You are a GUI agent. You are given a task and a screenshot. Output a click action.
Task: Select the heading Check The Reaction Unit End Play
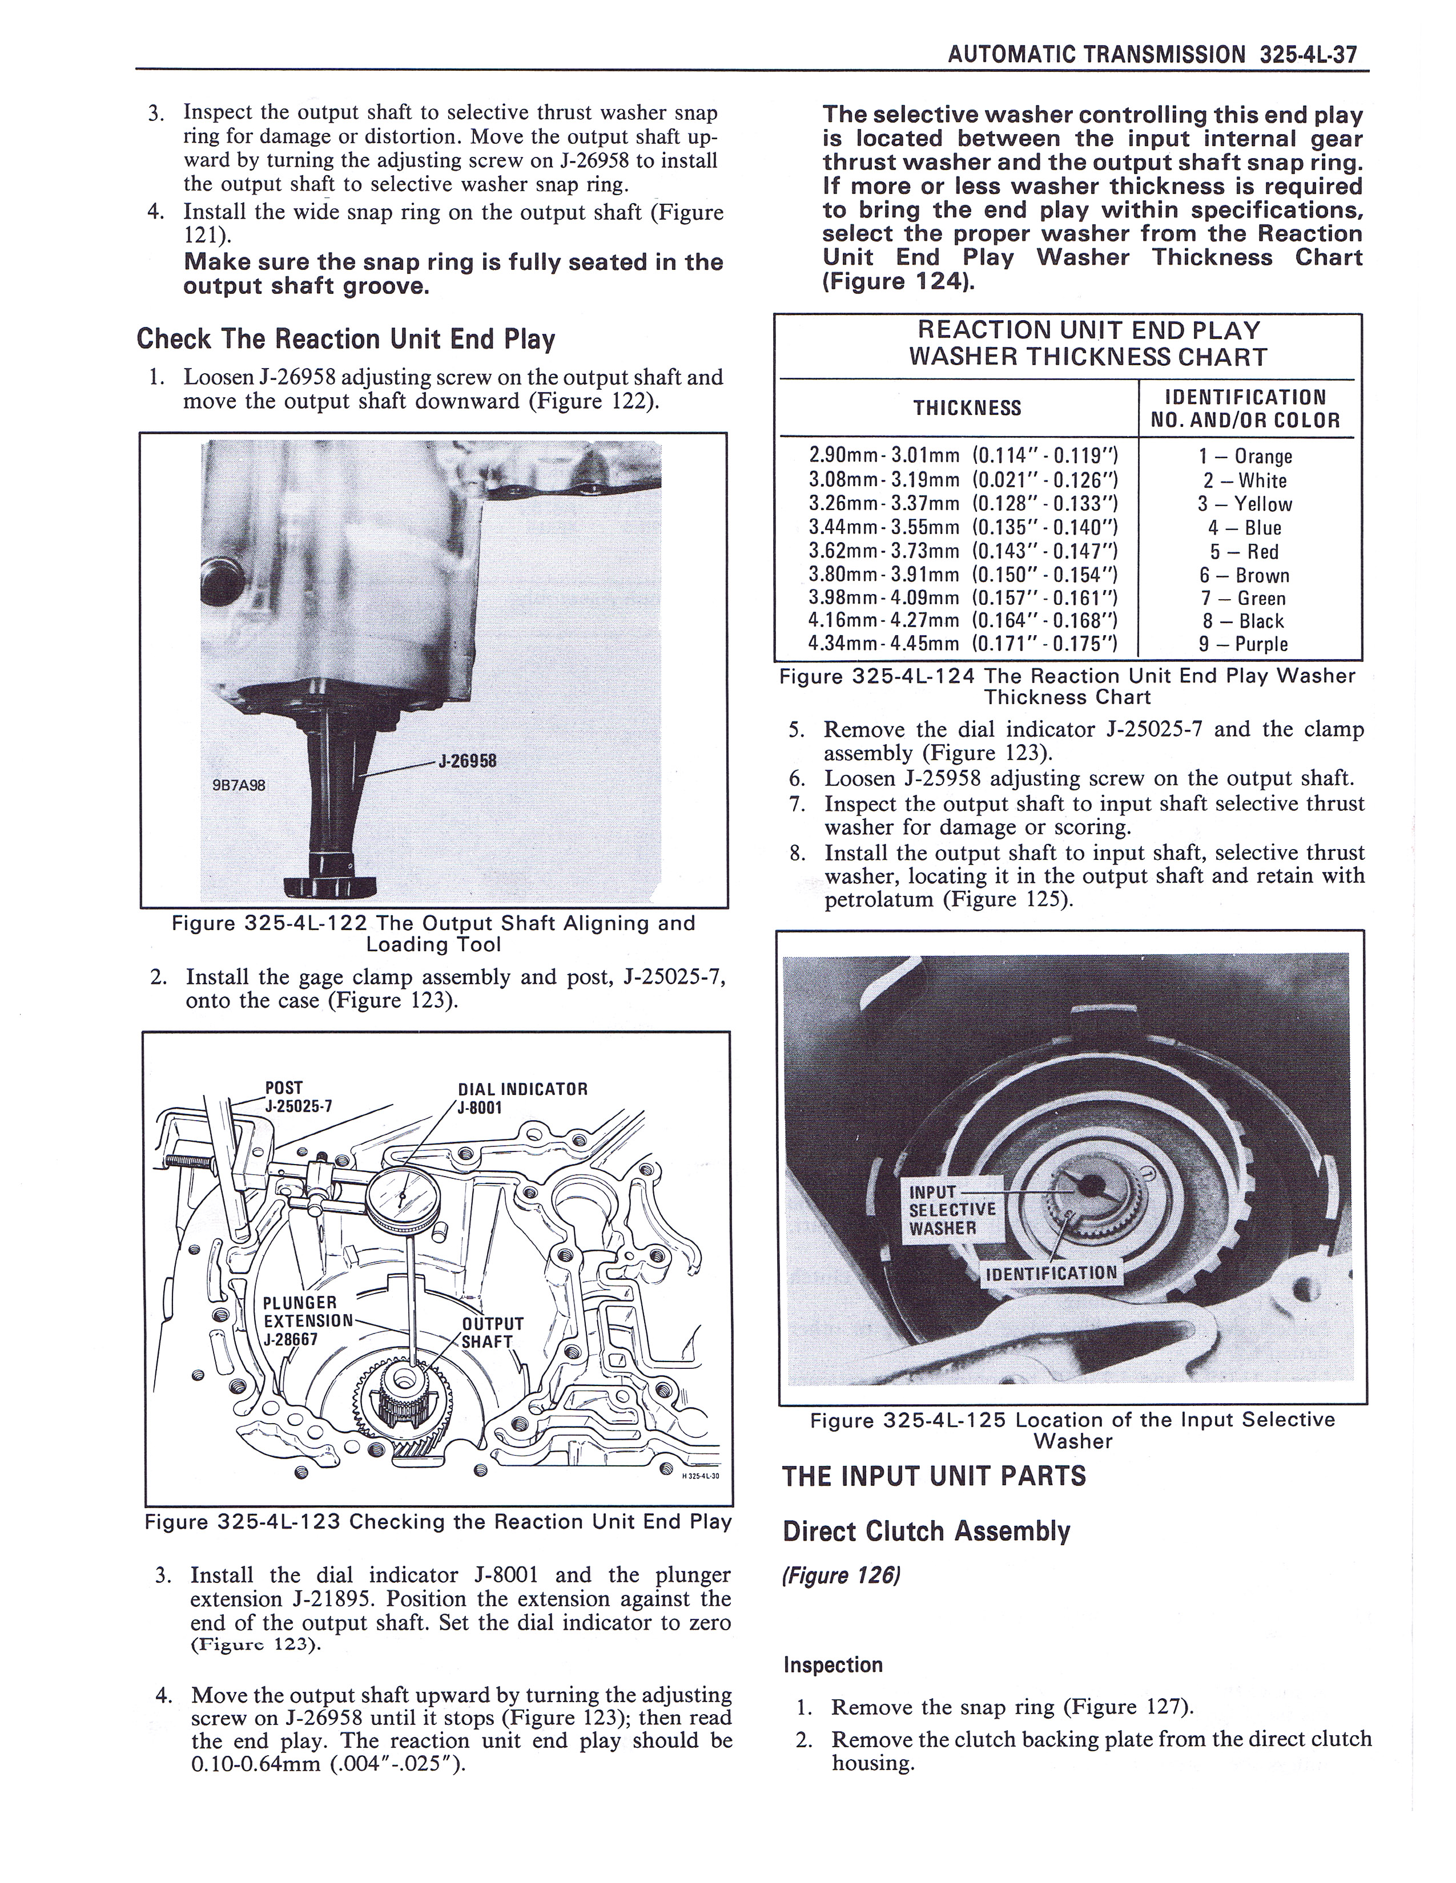pyautogui.click(x=345, y=339)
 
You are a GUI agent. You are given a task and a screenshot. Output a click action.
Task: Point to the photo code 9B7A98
pyautogui.click(x=239, y=786)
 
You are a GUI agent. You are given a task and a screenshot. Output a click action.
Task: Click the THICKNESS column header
pyautogui.click(x=967, y=408)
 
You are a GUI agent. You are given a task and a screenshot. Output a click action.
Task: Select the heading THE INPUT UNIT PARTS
pyautogui.click(x=934, y=1476)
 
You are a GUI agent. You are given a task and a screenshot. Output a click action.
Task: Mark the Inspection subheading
pyautogui.click(x=832, y=1665)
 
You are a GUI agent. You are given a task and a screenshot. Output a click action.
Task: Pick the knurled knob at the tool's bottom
pyautogui.click(x=317, y=887)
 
